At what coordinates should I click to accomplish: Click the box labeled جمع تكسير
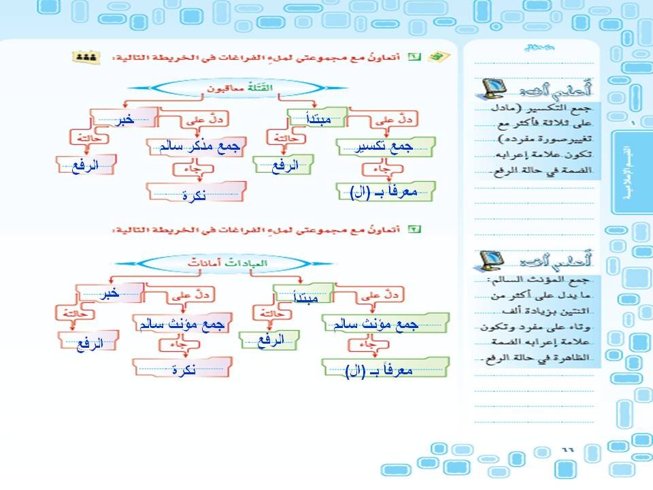386,145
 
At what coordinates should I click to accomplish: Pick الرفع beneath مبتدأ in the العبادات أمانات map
271,340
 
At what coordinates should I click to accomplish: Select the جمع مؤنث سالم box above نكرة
181,324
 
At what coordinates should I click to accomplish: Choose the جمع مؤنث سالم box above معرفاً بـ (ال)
386,323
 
